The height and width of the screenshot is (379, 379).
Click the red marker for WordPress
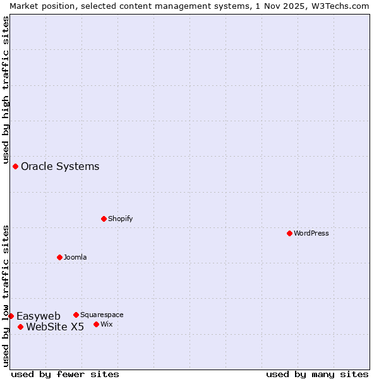(289, 233)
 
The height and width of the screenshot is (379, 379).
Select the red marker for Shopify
(104, 219)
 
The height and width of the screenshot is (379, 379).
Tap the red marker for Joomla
(59, 257)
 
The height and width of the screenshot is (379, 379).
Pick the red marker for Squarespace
(76, 315)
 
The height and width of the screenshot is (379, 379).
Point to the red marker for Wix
(96, 324)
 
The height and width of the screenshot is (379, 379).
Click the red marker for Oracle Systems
(15, 166)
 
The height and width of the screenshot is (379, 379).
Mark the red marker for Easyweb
(11, 316)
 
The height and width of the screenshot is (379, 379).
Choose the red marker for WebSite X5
(20, 327)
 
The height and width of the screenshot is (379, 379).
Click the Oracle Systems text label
(60, 166)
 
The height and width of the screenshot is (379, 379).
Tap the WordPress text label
(311, 233)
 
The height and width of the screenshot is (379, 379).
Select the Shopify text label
(120, 219)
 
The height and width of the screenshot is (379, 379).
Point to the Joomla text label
(75, 257)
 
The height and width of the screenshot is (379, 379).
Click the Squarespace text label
(102, 315)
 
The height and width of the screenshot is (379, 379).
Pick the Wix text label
(106, 324)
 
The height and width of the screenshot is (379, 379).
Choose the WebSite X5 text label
(55, 327)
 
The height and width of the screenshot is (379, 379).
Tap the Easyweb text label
(39, 316)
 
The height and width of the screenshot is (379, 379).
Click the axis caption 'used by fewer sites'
(65, 374)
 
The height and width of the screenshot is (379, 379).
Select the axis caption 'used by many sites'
(317, 374)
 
